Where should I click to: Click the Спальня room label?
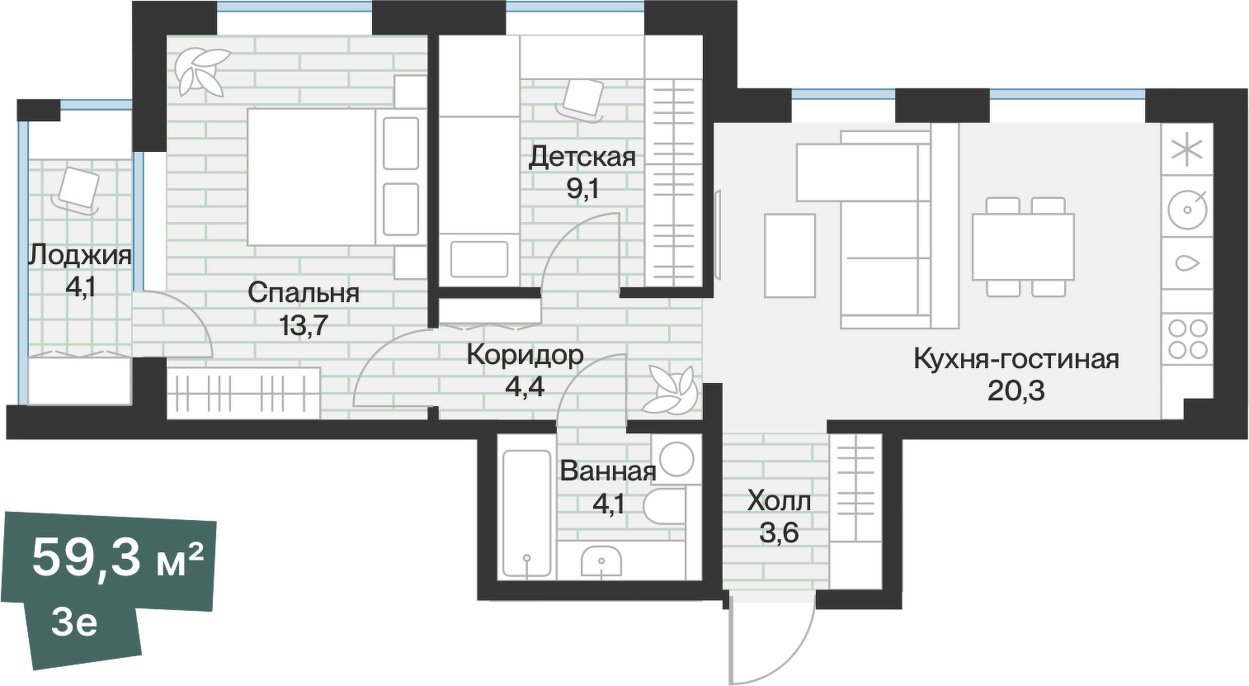303,292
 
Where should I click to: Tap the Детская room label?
582,156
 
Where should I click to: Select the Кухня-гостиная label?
1016,359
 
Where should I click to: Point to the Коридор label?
525,355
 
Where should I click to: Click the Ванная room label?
607,471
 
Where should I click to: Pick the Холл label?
779,500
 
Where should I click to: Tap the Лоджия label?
79,255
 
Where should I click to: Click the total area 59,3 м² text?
117,559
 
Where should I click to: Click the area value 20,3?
1016,390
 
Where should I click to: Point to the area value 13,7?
303,325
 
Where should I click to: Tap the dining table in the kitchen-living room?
1023,247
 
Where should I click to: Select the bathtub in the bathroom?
526,515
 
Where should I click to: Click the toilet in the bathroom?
665,506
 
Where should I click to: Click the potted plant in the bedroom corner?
200,69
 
